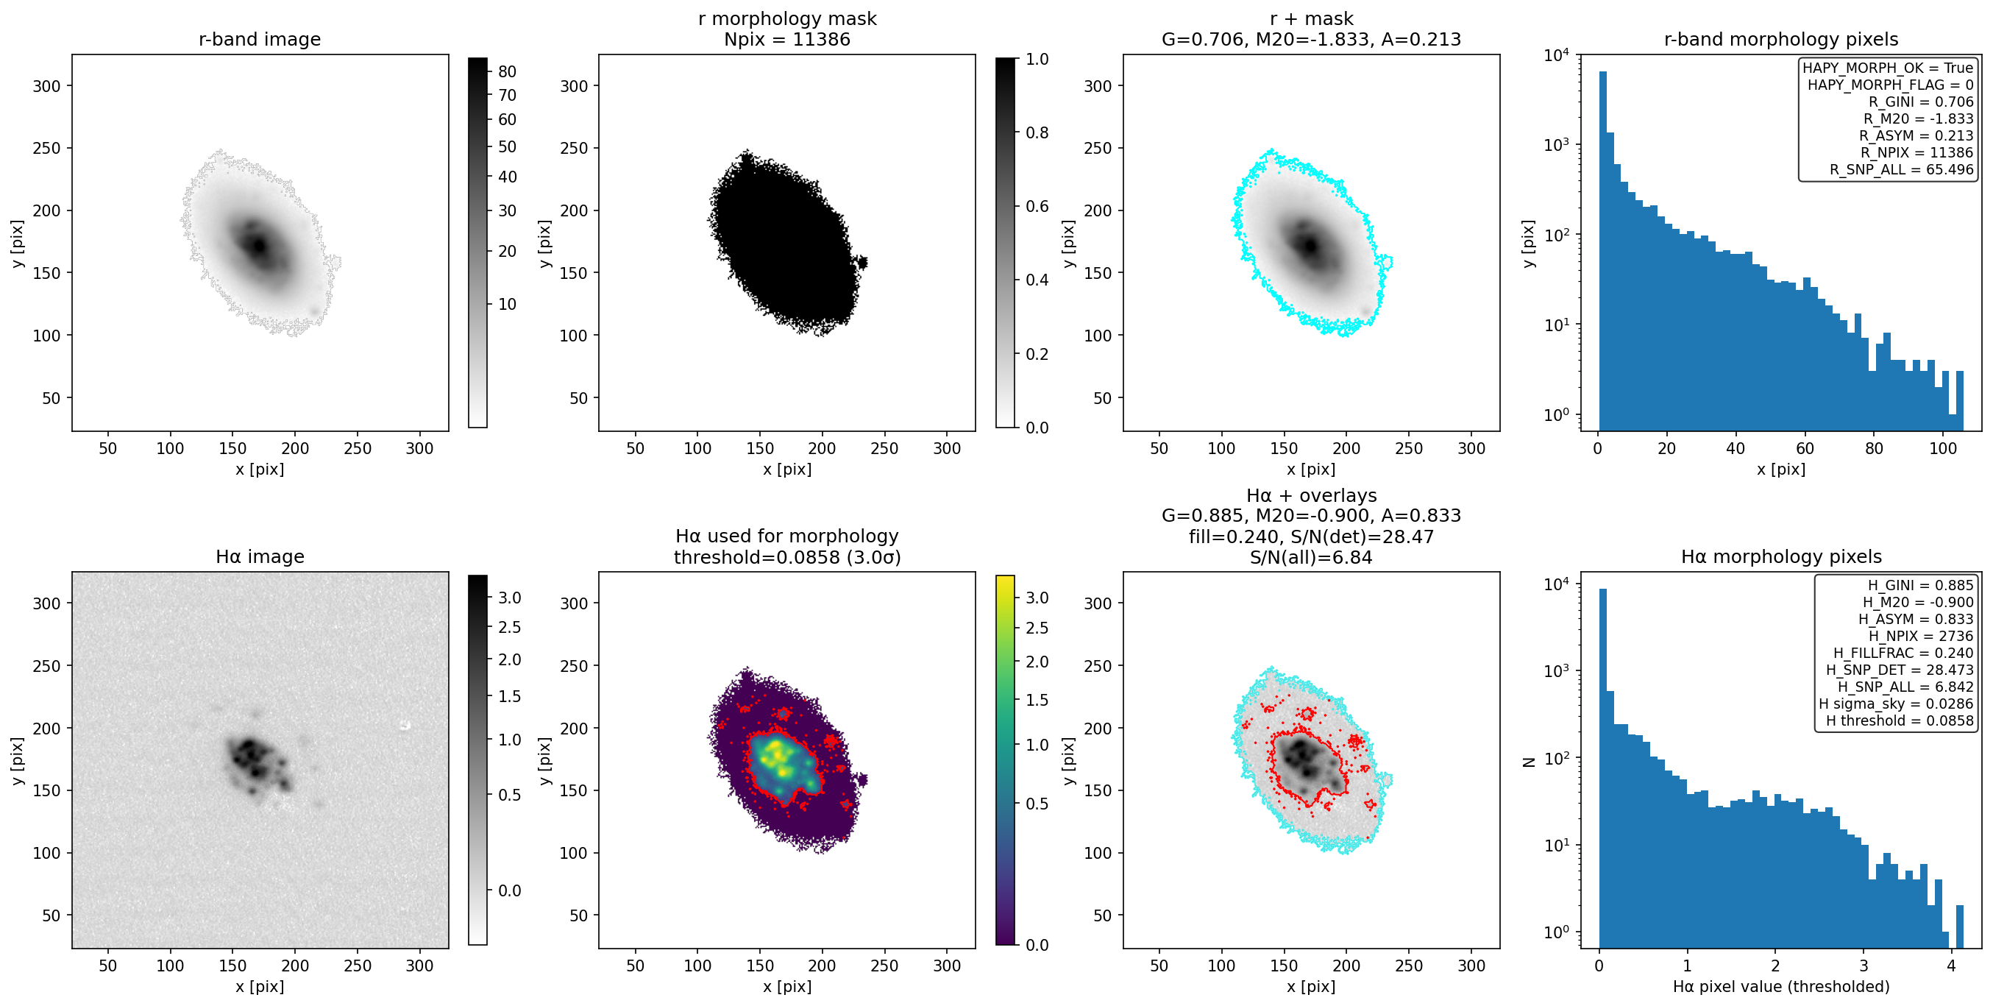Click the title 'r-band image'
pos(259,40)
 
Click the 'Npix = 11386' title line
pos(787,40)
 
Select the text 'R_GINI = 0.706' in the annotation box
pos(1920,102)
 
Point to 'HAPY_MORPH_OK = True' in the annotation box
pos(1888,67)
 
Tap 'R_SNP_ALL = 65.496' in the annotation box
pos(1901,169)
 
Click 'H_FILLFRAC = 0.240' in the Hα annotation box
pos(1903,652)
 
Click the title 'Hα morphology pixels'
pos(1781,556)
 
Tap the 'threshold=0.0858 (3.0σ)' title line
pos(787,557)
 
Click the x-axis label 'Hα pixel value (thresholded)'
pos(1781,986)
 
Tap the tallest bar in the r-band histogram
pos(1602,251)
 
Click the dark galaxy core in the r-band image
pos(257,245)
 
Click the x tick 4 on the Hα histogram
pos(1951,965)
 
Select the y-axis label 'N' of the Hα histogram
pos(1529,762)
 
